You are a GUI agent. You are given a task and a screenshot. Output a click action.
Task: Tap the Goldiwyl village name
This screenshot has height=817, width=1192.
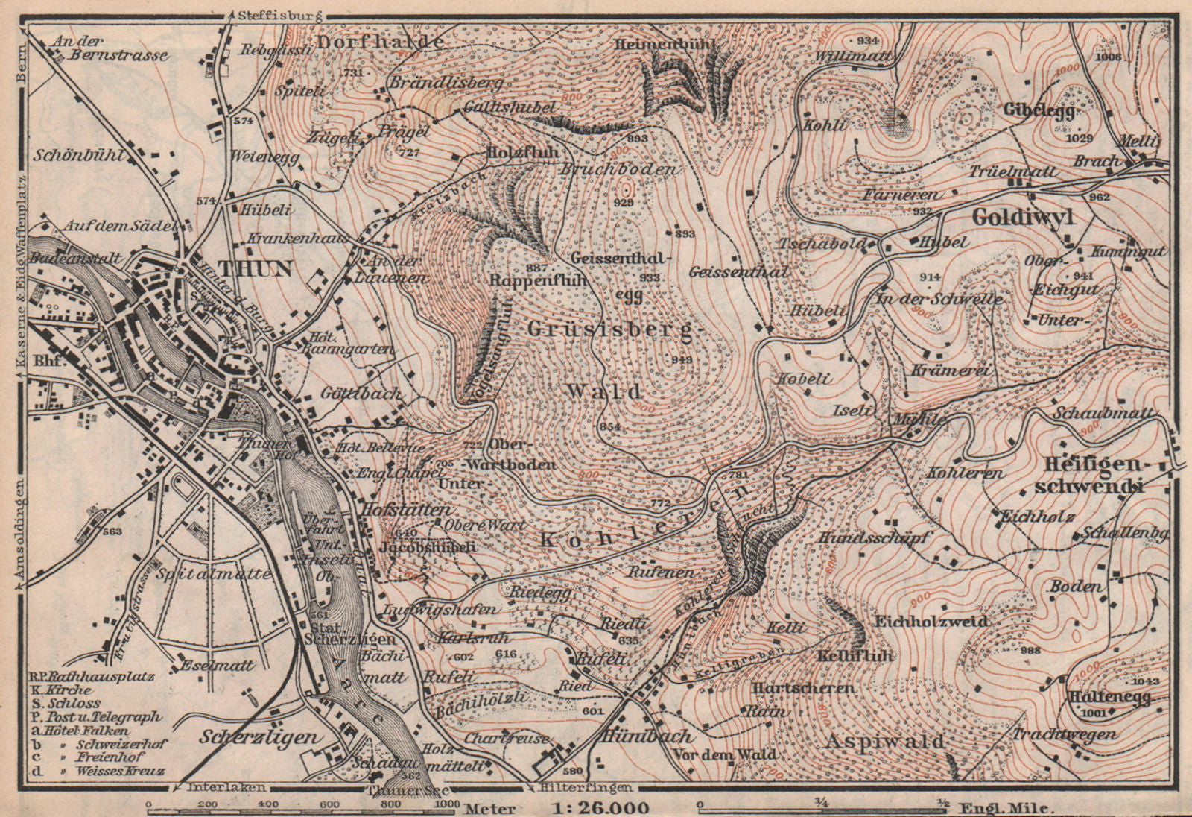click(x=1024, y=217)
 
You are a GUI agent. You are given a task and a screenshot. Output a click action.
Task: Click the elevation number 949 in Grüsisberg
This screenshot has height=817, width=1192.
click(x=681, y=360)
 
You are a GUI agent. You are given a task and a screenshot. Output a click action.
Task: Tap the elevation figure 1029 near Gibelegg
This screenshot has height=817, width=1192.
click(x=1079, y=138)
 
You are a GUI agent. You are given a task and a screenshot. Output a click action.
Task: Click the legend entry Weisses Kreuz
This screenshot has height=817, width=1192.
click(x=119, y=770)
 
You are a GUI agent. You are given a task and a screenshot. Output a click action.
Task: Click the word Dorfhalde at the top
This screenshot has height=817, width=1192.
click(x=381, y=42)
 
